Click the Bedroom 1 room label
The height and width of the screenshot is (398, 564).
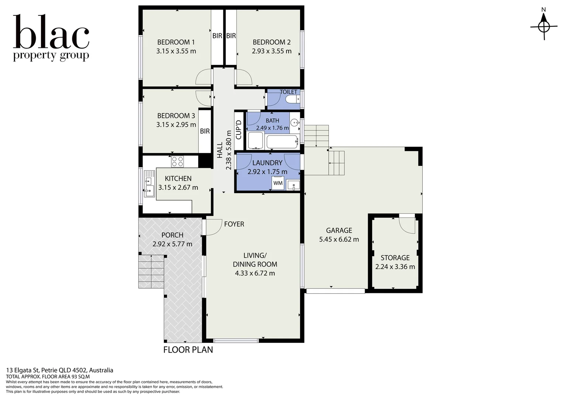point(176,42)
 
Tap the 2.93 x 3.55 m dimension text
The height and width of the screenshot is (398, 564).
point(272,51)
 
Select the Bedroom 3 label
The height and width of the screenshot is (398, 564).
point(176,116)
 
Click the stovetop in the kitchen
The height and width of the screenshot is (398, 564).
point(178,161)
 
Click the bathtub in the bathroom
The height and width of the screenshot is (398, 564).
point(282,142)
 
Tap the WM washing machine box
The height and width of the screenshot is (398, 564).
point(278,183)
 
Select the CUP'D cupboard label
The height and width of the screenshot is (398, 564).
point(238,130)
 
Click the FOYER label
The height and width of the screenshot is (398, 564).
point(234,224)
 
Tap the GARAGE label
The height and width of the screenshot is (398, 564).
point(339,230)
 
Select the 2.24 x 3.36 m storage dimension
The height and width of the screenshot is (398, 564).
point(395,266)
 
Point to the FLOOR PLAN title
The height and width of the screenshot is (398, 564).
point(188,350)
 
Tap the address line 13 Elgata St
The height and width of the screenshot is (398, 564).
point(60,370)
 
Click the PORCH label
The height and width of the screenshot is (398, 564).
point(172,235)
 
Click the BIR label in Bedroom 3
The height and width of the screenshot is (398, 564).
point(205,131)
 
